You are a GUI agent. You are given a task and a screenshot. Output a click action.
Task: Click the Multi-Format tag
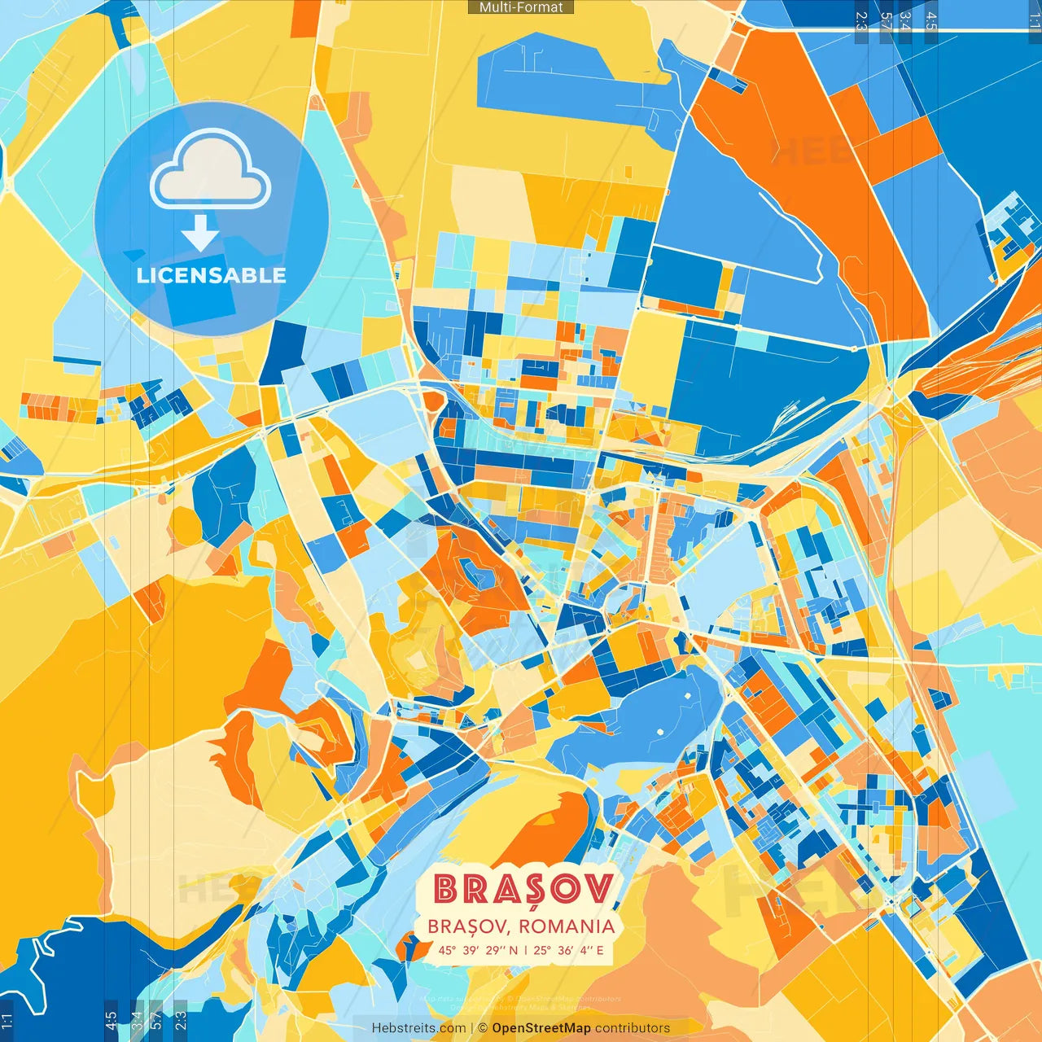click(521, 7)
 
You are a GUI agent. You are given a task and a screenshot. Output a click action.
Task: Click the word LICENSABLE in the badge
click(212, 275)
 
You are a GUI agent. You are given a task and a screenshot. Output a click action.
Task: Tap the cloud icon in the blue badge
click(210, 171)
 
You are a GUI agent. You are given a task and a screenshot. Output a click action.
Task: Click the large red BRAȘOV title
click(523, 890)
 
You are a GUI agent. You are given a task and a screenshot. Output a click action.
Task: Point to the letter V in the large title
click(598, 889)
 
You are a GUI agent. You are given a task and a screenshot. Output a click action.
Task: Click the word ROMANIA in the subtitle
click(567, 926)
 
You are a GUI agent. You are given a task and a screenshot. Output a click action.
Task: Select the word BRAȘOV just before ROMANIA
click(468, 926)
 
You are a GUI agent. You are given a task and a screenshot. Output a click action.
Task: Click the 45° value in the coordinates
click(447, 950)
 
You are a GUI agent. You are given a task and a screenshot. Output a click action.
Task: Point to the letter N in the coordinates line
click(513, 950)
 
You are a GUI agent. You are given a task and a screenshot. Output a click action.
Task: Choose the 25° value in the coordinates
click(543, 950)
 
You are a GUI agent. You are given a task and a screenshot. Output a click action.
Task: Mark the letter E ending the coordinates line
click(600, 950)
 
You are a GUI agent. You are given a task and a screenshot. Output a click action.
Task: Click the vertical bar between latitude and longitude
click(526, 950)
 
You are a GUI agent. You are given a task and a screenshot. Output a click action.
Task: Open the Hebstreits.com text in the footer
click(418, 1028)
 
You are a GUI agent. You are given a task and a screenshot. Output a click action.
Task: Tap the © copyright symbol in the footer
click(483, 1028)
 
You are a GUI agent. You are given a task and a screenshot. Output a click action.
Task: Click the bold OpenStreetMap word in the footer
click(541, 1028)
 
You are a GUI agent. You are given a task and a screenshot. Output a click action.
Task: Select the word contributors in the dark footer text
click(633, 1028)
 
